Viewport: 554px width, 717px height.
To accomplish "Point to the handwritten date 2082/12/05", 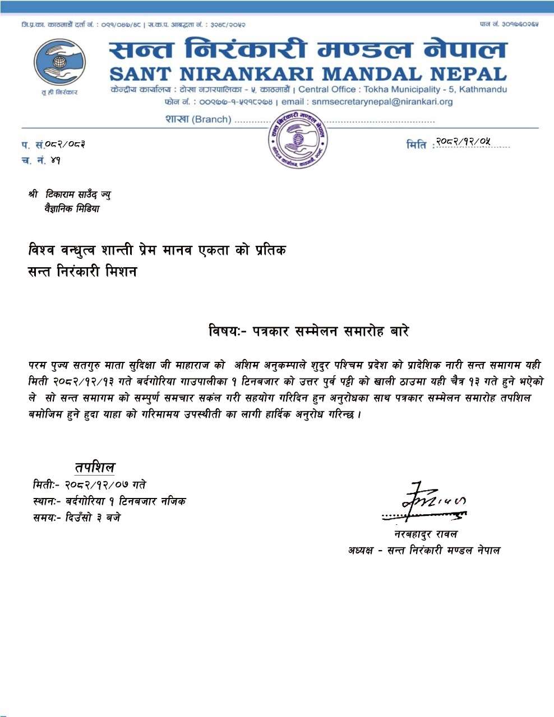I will point(464,142).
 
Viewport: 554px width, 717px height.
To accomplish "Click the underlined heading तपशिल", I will point(95,467).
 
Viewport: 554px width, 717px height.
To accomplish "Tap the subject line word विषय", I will point(223,331).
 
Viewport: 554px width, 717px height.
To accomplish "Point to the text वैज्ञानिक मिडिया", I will point(72,209).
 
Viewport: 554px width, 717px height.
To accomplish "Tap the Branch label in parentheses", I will point(211,119).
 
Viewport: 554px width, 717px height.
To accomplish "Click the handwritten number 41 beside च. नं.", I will point(55,161).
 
